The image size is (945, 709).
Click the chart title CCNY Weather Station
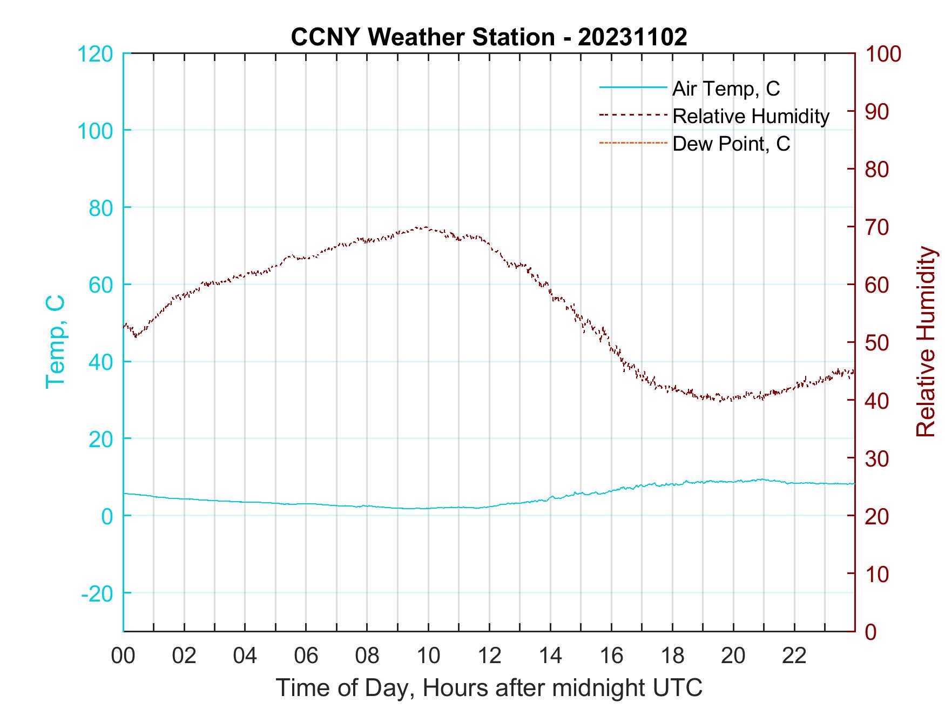489,37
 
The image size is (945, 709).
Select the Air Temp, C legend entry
726,89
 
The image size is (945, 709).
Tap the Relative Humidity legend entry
751,116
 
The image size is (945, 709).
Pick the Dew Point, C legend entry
731,144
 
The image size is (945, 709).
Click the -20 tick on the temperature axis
97,593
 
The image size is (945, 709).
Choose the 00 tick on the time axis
123,656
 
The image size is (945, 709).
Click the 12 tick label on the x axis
489,656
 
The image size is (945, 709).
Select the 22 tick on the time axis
794,656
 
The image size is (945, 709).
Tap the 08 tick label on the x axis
367,656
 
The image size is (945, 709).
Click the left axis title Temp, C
55,341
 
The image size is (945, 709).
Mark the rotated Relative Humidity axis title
926,341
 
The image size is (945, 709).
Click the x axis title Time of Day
489,688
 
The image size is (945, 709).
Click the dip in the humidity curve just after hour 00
136,336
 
